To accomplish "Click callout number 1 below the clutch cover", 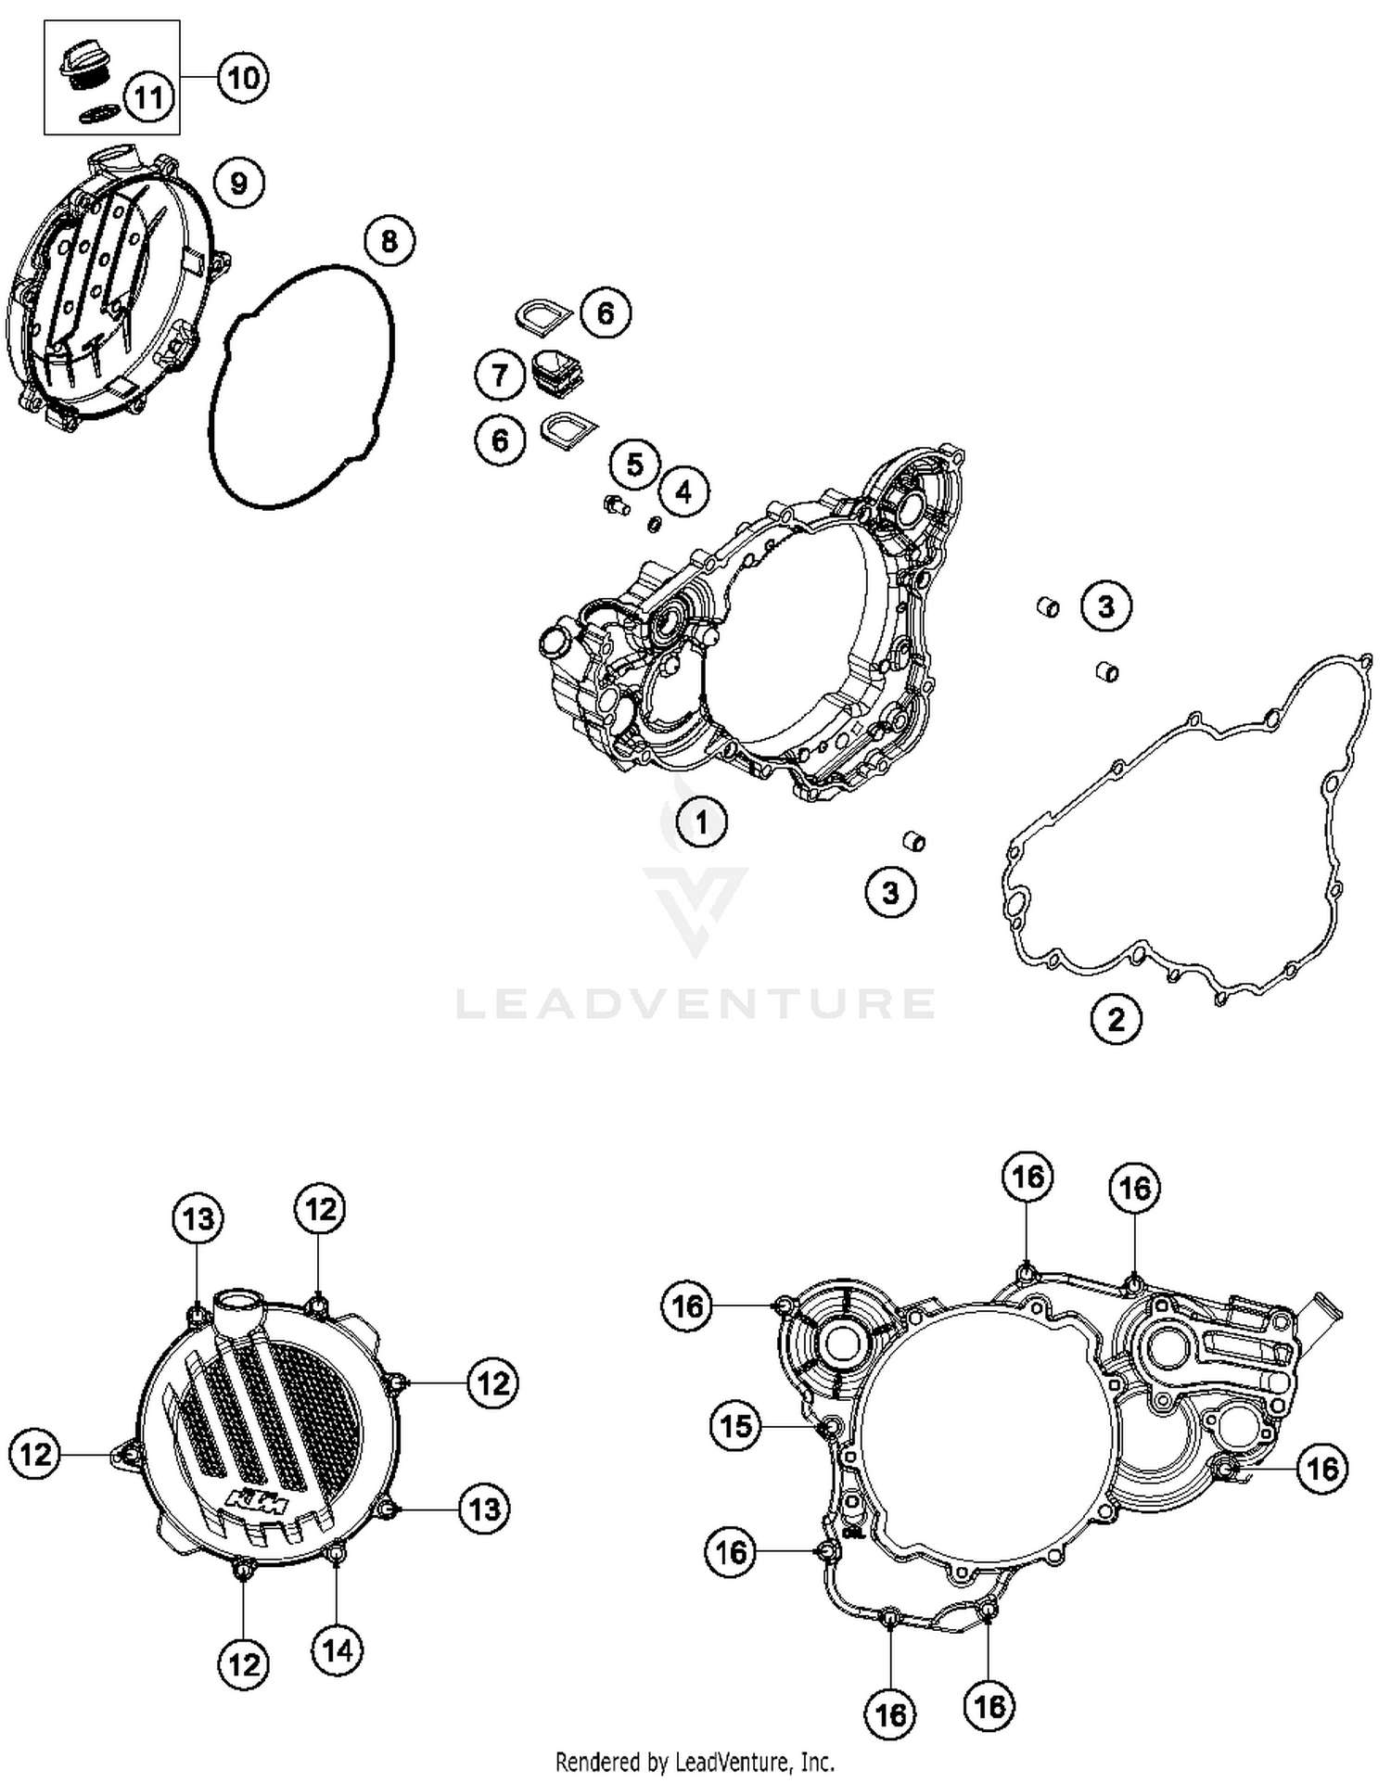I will coord(701,821).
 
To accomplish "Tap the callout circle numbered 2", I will coord(1116,1019).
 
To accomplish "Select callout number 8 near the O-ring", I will coord(389,241).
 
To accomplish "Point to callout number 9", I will coord(239,183).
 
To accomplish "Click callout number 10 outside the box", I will coord(243,77).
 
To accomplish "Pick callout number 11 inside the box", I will coord(148,97).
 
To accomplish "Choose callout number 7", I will coord(500,376).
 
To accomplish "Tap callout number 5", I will coord(635,464).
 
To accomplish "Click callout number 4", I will coord(683,491).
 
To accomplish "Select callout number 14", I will coord(338,1649).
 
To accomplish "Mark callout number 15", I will coord(736,1425).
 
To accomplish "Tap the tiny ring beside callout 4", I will coord(654,525).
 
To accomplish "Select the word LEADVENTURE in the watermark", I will coord(695,1003).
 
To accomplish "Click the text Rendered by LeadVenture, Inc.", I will coord(695,1761).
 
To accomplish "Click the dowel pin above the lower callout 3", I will coord(913,842).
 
